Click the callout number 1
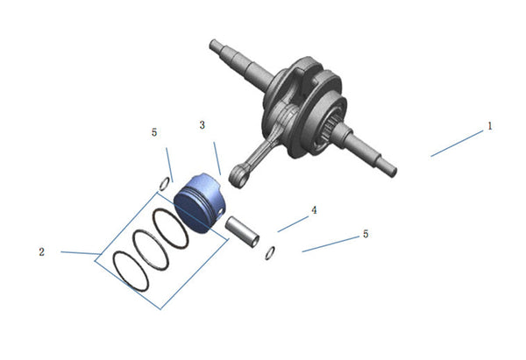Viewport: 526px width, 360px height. click(490, 126)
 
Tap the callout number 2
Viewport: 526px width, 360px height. click(41, 251)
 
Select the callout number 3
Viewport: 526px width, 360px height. click(202, 125)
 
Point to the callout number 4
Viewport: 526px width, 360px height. click(314, 210)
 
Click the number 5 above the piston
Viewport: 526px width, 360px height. click(154, 132)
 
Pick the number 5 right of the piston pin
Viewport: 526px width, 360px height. click(366, 234)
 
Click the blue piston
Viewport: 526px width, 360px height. click(200, 203)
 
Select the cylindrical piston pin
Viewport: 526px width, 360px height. click(242, 231)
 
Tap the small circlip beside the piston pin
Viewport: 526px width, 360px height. click(270, 253)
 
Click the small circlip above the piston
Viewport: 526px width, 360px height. click(164, 184)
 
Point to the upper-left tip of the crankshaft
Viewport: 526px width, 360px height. click(212, 43)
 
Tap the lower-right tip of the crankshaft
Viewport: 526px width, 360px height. click(394, 173)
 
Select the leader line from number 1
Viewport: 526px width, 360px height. click(457, 144)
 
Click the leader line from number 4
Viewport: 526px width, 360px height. click(293, 224)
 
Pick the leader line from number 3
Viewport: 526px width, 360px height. click(217, 159)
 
